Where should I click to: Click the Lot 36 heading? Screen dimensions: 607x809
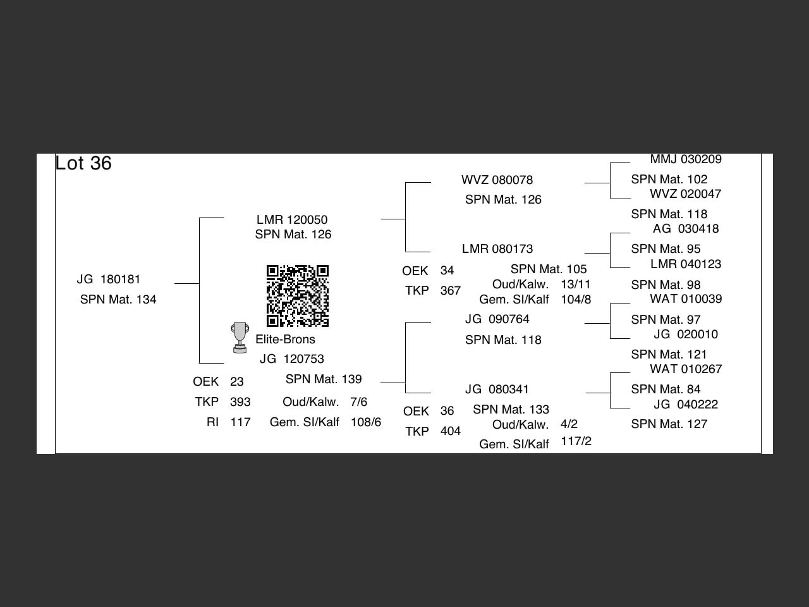click(x=83, y=163)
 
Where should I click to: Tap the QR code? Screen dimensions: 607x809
click(x=297, y=296)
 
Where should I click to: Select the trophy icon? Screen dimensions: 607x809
click(x=240, y=338)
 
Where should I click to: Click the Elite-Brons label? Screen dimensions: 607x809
click(x=285, y=340)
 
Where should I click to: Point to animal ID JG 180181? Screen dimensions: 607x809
click(x=109, y=279)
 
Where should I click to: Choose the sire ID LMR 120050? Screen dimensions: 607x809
click(x=292, y=220)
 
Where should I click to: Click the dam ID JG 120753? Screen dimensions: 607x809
click(x=292, y=359)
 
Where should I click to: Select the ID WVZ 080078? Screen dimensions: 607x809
click(x=497, y=180)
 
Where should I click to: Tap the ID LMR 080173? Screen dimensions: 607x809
click(x=497, y=249)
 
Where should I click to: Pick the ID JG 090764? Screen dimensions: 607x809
click(x=497, y=319)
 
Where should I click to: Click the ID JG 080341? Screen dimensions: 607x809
click(x=497, y=389)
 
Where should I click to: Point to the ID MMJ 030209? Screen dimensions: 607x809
click(x=686, y=159)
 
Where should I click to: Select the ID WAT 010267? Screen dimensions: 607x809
click(x=686, y=369)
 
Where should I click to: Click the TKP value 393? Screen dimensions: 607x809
click(x=240, y=402)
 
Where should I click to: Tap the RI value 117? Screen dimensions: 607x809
click(x=240, y=422)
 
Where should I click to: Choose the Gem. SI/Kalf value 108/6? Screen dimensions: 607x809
click(x=366, y=422)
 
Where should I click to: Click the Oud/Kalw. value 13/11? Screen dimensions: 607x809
click(x=576, y=285)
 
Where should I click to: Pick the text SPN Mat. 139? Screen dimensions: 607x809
click(x=324, y=379)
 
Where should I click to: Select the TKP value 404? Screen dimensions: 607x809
click(x=451, y=431)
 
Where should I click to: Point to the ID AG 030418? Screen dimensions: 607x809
click(x=686, y=229)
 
